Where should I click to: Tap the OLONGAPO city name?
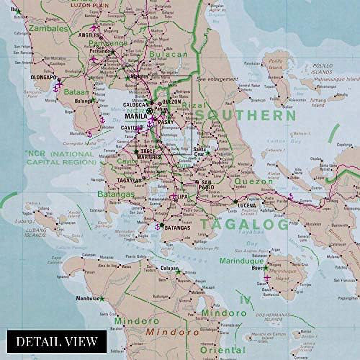43,77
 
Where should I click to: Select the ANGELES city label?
89,35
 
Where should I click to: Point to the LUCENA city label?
247,206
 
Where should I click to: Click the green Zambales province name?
49,28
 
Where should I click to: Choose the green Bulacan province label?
168,55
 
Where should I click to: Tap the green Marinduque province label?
242,261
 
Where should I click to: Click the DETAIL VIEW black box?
57,341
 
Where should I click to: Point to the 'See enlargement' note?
217,79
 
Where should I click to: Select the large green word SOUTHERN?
246,116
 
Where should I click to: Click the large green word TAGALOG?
244,224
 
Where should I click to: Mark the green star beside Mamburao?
102,298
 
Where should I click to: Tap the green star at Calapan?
178,272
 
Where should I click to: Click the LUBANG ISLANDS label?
35,233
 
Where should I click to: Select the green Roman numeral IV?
245,300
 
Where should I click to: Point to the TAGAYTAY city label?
129,180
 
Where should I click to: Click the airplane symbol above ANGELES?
94,28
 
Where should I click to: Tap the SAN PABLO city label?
207,185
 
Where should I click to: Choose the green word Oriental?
222,350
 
